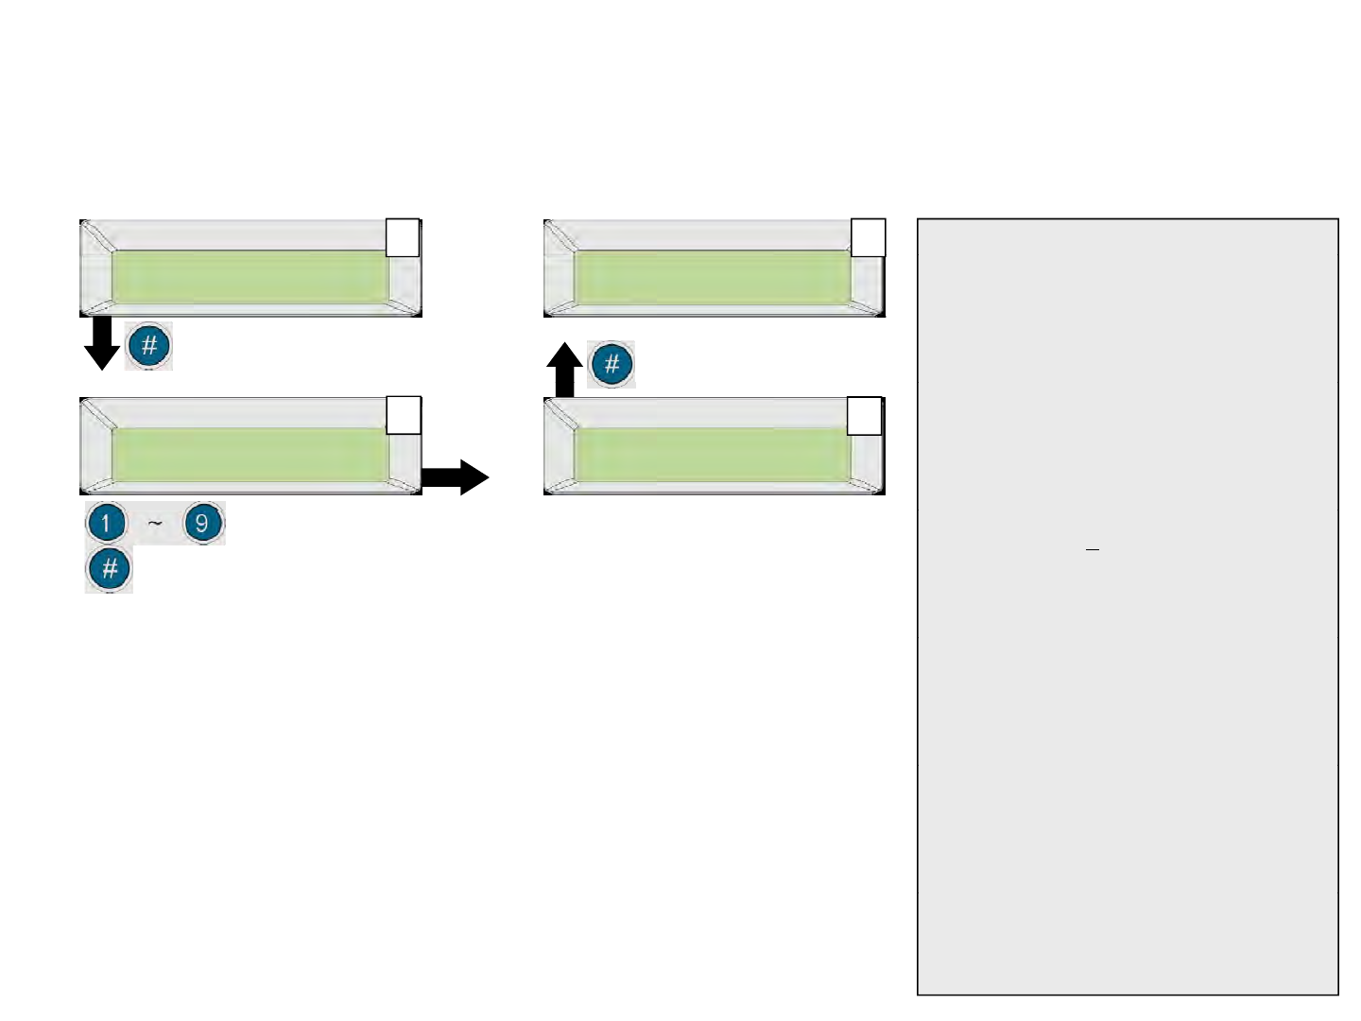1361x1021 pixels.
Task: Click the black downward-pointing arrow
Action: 102,344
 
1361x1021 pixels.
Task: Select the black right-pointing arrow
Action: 455,477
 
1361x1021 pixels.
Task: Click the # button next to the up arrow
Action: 612,364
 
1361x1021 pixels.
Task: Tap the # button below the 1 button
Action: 109,569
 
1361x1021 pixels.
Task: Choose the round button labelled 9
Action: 202,523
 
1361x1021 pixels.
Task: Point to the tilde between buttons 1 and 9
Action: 155,522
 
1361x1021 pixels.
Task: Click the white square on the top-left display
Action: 403,237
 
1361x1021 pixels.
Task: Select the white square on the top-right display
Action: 869,237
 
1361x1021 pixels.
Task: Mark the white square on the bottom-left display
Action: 404,416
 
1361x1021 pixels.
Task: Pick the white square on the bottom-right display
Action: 864,416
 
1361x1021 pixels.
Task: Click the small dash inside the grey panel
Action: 1093,548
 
